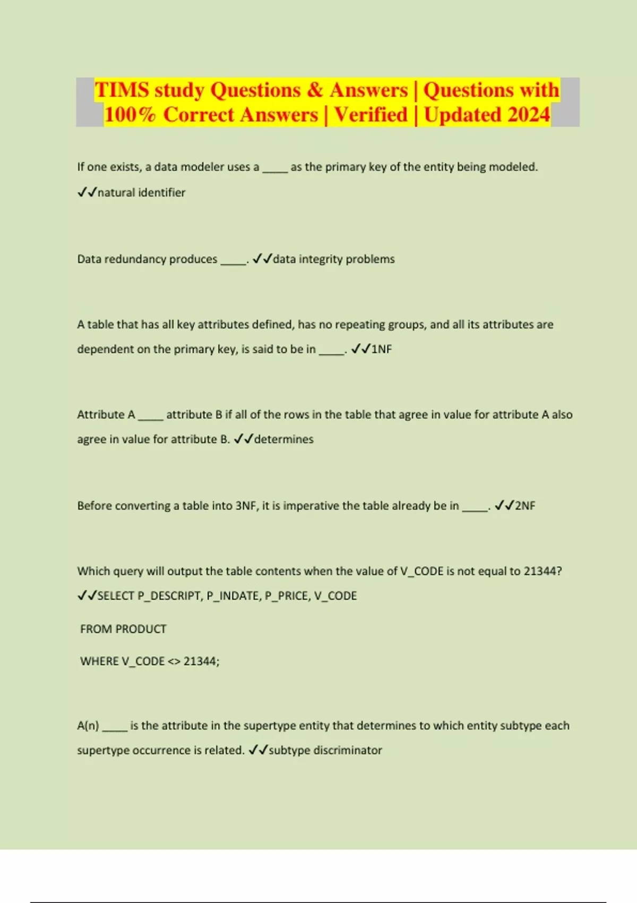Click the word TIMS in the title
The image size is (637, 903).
click(x=122, y=90)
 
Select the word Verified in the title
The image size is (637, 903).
click(x=371, y=115)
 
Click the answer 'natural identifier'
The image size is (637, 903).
click(x=141, y=192)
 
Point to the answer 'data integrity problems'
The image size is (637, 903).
click(x=333, y=259)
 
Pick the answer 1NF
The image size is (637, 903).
click(x=381, y=349)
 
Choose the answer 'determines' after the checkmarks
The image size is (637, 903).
click(x=283, y=439)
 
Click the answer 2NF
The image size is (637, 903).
click(x=524, y=506)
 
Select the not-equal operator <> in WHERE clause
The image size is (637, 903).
click(x=174, y=661)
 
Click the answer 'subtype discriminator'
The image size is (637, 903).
click(x=325, y=750)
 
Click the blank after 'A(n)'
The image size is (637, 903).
click(x=115, y=727)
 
